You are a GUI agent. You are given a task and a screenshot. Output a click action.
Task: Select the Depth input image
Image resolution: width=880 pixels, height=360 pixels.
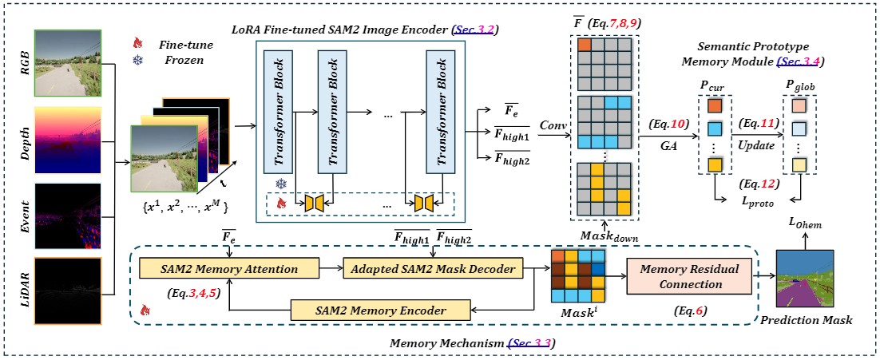tap(67, 138)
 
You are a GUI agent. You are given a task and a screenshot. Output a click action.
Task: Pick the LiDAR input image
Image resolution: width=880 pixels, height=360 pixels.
tap(67, 288)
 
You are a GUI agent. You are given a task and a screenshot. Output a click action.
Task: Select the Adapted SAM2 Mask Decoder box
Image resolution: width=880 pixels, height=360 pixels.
tap(433, 269)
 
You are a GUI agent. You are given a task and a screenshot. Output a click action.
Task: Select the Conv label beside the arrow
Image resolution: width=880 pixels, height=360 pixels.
tap(553, 126)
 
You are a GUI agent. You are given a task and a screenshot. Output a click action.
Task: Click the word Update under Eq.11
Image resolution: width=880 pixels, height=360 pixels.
tap(755, 147)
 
